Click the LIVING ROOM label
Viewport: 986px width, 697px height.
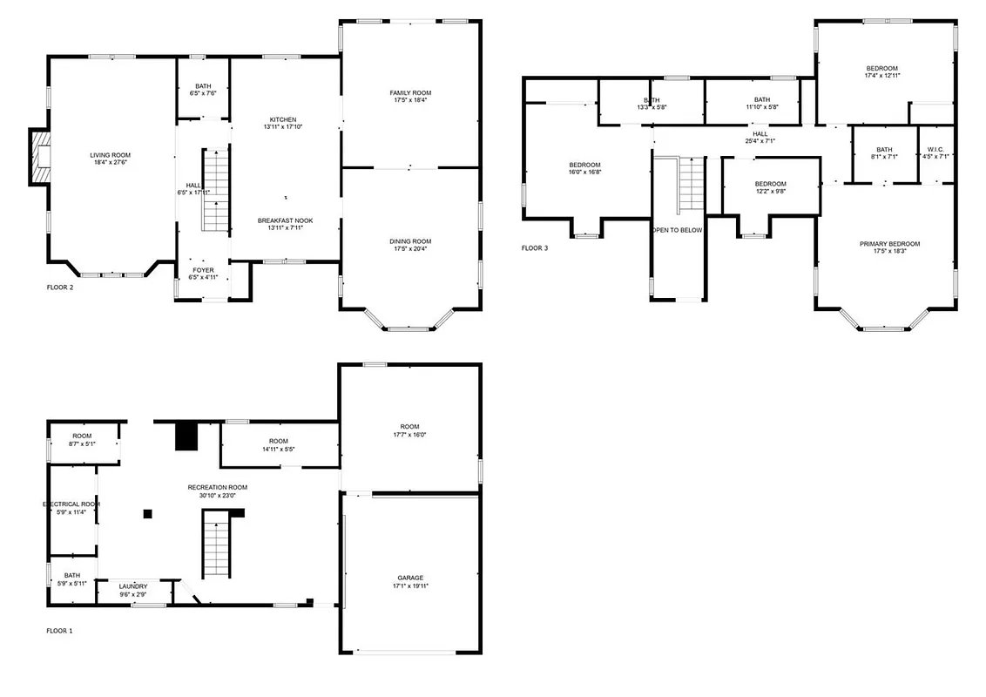pyautogui.click(x=110, y=155)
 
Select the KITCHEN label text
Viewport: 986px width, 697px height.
pyautogui.click(x=282, y=119)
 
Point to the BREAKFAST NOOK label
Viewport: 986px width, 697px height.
pyautogui.click(x=285, y=220)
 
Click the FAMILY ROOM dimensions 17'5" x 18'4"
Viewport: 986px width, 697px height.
pyautogui.click(x=410, y=100)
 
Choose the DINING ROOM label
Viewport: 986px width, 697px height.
pyautogui.click(x=410, y=241)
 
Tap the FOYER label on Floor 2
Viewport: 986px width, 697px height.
pyautogui.click(x=203, y=270)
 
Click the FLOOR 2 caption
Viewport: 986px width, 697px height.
pyautogui.click(x=60, y=287)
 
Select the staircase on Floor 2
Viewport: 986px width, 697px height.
pyautogui.click(x=215, y=190)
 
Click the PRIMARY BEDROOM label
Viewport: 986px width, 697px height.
pyautogui.click(x=889, y=244)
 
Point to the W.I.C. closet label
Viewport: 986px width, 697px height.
pyautogui.click(x=935, y=149)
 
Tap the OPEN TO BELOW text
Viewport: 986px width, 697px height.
pyautogui.click(x=678, y=230)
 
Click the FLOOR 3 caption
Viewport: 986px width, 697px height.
pyautogui.click(x=535, y=248)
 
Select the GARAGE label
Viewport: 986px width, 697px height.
pyautogui.click(x=410, y=578)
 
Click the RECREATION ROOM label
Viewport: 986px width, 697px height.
pyautogui.click(x=218, y=487)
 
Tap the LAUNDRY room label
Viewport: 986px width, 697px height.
pyautogui.click(x=133, y=586)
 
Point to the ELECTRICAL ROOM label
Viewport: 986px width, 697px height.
pyautogui.click(x=72, y=504)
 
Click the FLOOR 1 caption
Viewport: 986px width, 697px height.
pyautogui.click(x=59, y=630)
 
